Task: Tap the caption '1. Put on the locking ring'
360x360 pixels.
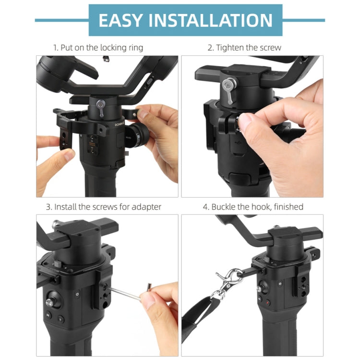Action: [x=98, y=48]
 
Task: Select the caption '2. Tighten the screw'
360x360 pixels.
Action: [x=244, y=48]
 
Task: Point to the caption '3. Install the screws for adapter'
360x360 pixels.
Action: [x=104, y=207]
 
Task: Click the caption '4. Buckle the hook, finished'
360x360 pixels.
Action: [x=253, y=207]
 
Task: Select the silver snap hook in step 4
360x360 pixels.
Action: [x=225, y=283]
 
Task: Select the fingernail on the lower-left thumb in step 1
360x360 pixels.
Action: [x=69, y=154]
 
